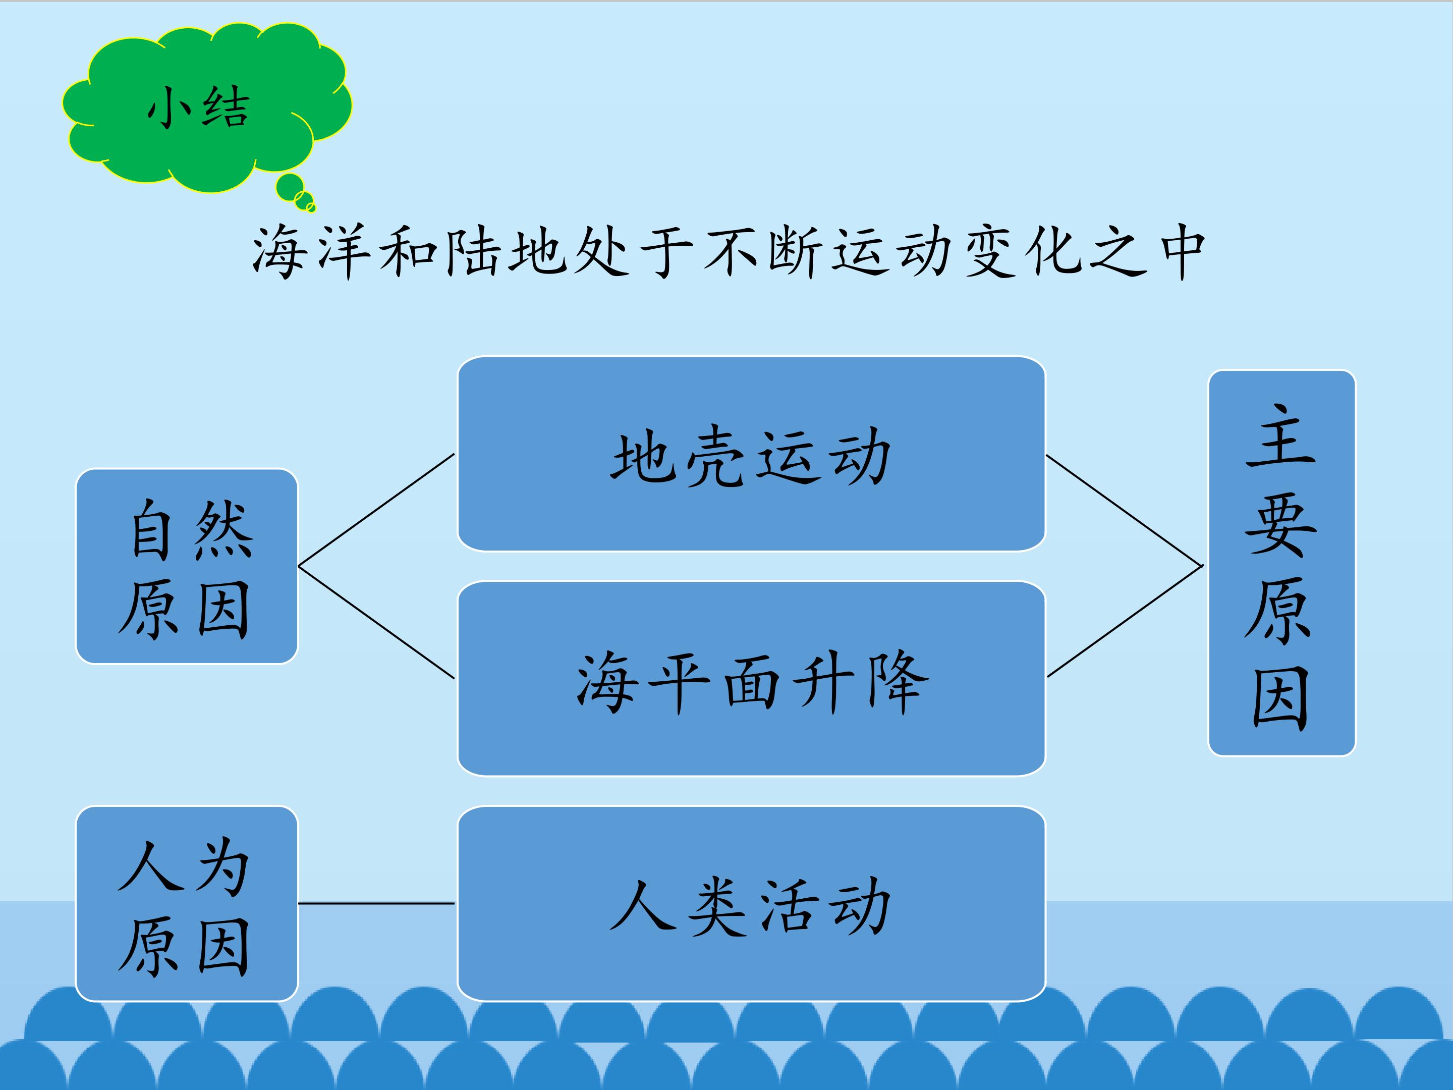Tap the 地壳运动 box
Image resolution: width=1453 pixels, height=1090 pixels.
751,453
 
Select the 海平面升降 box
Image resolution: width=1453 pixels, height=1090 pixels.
751,678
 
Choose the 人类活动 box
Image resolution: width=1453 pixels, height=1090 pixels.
751,903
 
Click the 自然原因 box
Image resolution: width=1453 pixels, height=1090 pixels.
187,566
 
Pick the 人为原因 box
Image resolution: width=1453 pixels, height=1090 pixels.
187,903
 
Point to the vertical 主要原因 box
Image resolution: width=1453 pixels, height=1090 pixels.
1281,563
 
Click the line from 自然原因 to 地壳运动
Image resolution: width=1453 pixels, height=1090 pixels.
376,509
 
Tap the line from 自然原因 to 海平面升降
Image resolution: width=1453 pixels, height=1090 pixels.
376,622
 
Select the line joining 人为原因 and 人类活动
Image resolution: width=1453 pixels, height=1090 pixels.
376,903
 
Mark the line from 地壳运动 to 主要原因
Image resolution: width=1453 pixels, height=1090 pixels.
1125,510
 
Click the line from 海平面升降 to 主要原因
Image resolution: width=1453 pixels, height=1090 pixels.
1125,621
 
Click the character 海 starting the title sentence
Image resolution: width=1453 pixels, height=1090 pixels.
278,252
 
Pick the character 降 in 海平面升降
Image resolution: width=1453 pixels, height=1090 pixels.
898,681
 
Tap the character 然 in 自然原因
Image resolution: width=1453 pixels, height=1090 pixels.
223,528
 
